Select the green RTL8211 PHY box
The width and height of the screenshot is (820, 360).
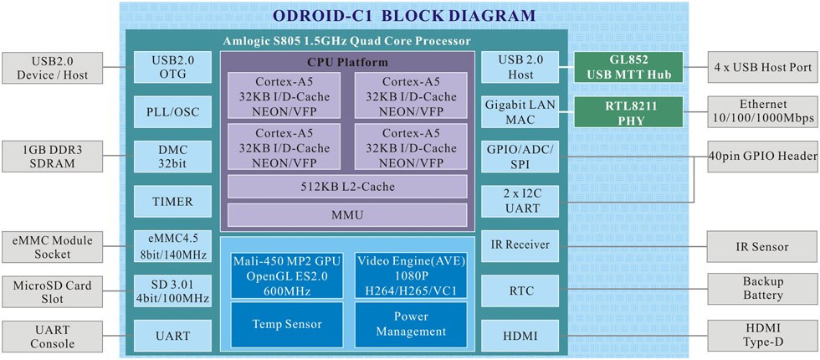628,111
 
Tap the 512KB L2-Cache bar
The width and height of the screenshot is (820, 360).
347,186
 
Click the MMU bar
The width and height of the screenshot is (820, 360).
347,215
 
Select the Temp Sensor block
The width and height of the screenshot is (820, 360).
286,323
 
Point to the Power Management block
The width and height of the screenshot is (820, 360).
411,324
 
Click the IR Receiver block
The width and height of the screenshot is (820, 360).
520,246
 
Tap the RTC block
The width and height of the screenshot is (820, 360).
520,291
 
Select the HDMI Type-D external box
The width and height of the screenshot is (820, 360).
762,336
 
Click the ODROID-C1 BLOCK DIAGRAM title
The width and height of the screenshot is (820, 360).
405,15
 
